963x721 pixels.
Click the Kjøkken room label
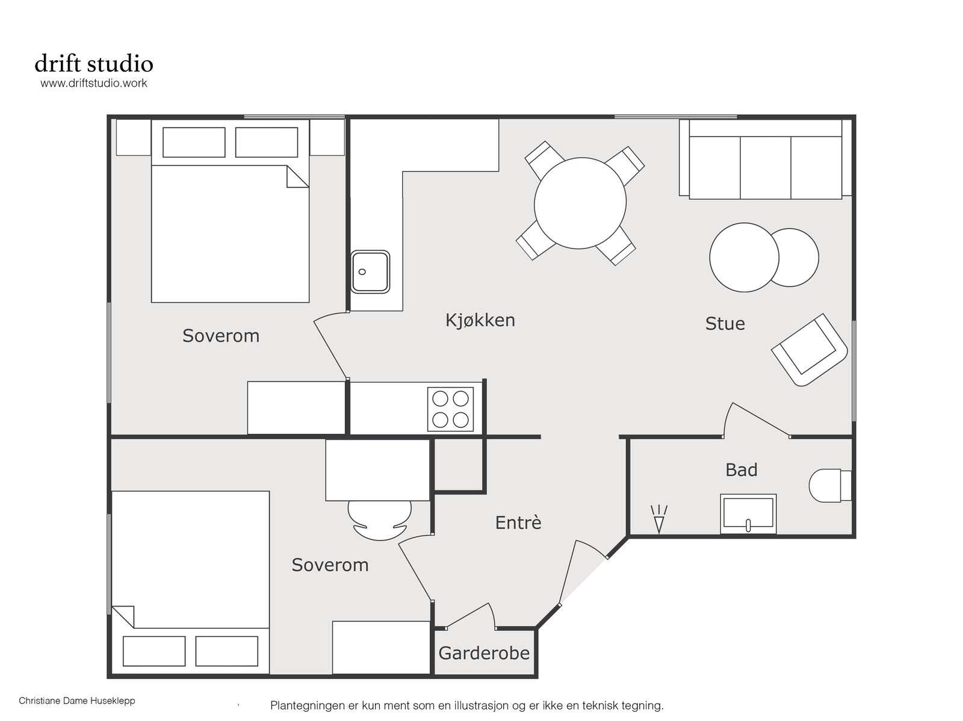(x=480, y=321)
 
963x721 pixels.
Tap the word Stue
(x=725, y=324)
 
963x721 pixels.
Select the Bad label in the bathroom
(x=742, y=469)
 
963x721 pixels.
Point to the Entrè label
(x=518, y=522)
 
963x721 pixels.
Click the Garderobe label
(x=484, y=654)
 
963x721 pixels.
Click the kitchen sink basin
(x=370, y=272)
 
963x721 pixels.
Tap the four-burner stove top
(x=451, y=409)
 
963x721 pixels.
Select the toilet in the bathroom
(x=830, y=486)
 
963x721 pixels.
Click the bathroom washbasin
(x=748, y=513)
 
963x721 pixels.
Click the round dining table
(x=580, y=203)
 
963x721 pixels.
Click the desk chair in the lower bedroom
(x=380, y=521)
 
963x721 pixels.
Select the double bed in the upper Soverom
(x=230, y=211)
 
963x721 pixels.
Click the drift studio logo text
(x=94, y=64)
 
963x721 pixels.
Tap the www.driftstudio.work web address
(x=94, y=83)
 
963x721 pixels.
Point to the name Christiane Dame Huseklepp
(x=77, y=701)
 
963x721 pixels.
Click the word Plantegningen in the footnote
(x=308, y=705)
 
